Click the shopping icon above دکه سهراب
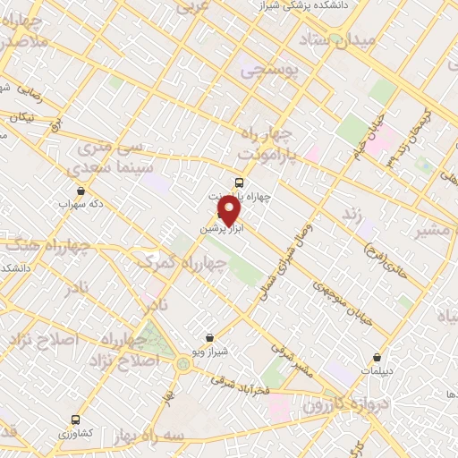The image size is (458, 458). [x=81, y=191]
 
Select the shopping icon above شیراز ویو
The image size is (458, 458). [x=209, y=337]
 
